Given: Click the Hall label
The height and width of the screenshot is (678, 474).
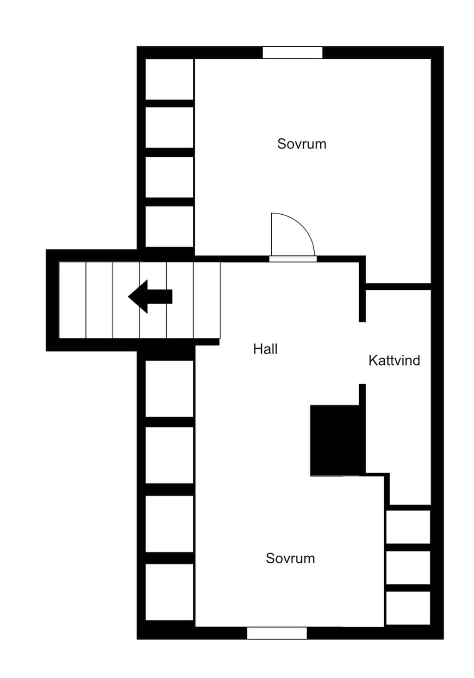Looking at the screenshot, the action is [265, 349].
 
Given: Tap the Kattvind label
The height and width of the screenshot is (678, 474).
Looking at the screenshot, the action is [394, 361].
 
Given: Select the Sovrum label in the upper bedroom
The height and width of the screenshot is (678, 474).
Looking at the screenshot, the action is [301, 144].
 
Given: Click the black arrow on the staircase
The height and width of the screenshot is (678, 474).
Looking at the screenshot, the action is [150, 296].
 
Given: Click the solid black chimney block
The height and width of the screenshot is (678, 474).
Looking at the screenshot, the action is [335, 440].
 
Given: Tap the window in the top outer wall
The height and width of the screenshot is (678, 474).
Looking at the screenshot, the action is [292, 53].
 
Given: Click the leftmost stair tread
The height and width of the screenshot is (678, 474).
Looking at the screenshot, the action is [72, 299].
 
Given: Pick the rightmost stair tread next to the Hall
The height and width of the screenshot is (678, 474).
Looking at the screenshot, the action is [207, 299].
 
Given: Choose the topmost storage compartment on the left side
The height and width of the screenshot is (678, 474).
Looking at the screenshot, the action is [169, 79].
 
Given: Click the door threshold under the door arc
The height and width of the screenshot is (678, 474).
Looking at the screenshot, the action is [293, 259].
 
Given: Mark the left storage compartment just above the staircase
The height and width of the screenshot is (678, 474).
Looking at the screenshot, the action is [169, 226].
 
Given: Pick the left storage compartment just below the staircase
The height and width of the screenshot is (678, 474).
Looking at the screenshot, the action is [169, 389].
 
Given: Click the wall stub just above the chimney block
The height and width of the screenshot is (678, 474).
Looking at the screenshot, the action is [362, 394].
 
